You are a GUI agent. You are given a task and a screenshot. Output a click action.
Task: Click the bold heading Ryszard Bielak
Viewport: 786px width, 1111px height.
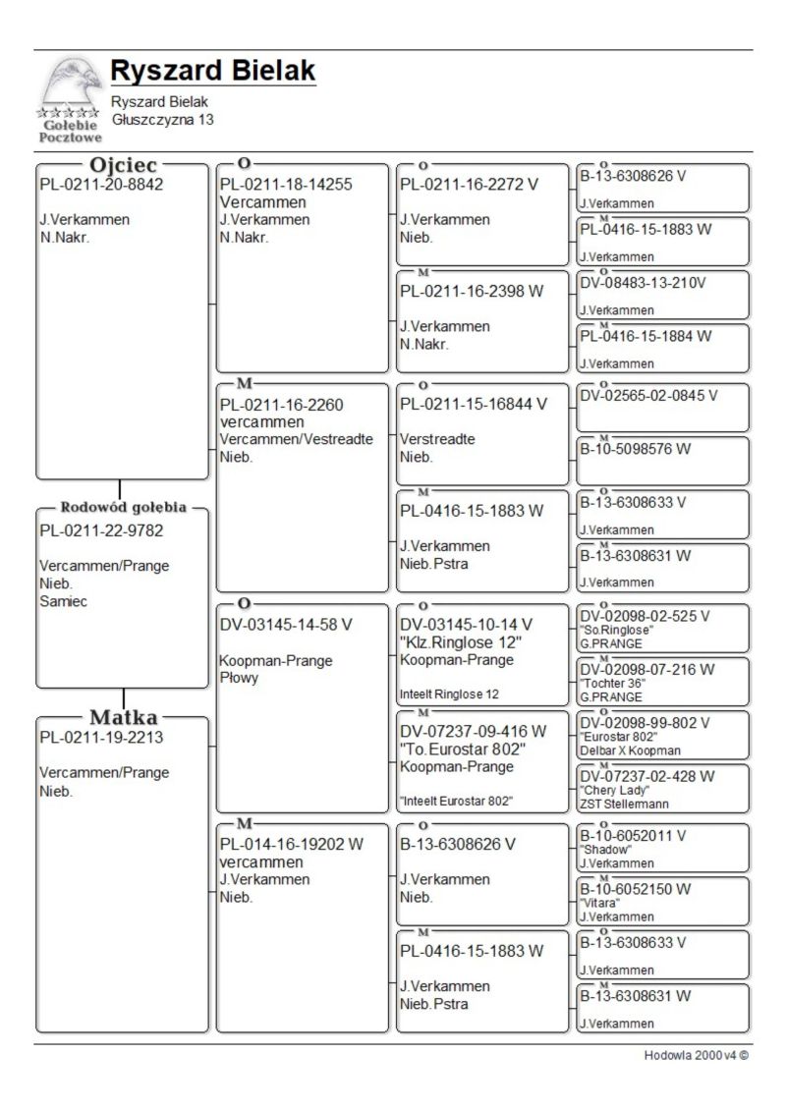[212, 71]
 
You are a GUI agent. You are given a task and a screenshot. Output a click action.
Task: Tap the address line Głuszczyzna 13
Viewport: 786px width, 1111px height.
[162, 119]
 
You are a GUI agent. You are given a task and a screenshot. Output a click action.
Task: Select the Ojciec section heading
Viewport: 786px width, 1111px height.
[124, 166]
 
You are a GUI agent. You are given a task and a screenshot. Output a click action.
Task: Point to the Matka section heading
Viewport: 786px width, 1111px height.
[124, 717]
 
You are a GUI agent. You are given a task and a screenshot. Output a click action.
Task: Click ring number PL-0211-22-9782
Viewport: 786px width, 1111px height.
[101, 531]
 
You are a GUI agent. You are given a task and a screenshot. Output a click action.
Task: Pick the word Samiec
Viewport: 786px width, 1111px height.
[63, 601]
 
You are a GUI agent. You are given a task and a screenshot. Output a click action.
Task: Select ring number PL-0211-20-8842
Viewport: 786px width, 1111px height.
[101, 185]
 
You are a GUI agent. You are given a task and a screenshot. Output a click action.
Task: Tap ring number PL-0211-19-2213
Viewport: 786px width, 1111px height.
[101, 738]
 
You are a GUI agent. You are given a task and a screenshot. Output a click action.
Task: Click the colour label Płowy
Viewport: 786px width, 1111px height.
[239, 679]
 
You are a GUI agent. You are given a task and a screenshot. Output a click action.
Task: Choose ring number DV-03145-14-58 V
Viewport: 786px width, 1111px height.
[286, 624]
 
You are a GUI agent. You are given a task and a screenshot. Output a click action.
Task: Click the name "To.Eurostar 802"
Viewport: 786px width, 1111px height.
[462, 749]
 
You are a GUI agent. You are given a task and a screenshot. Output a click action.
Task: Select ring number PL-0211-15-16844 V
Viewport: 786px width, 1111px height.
[474, 404]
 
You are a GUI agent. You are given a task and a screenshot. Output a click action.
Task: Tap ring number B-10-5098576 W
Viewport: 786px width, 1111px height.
[636, 449]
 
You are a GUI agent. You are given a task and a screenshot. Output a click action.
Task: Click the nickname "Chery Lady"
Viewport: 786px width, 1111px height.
[608, 790]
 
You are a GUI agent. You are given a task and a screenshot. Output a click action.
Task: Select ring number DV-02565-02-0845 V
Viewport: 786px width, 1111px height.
[648, 396]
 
